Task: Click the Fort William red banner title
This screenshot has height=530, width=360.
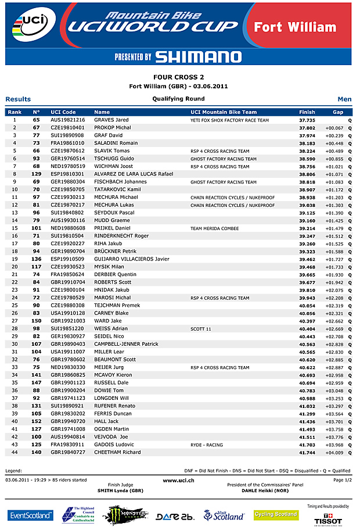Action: click(295, 27)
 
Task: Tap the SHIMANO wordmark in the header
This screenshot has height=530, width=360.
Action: click(198, 56)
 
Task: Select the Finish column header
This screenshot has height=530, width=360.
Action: click(307, 112)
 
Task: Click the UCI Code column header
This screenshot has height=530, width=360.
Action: click(63, 112)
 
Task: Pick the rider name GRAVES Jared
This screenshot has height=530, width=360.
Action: click(111, 120)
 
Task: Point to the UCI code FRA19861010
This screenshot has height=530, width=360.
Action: click(67, 143)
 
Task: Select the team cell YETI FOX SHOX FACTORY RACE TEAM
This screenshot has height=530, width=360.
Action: click(229, 120)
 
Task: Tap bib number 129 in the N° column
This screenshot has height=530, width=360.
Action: click(36, 174)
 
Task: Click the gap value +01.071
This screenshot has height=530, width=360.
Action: click(334, 174)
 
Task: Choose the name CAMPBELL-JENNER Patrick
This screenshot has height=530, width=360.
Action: click(126, 344)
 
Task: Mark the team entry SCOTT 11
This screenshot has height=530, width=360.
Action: click(200, 329)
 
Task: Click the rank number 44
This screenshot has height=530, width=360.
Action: click(15, 452)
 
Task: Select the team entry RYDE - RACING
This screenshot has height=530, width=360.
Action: click(207, 445)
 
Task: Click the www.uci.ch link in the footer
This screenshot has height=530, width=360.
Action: click(178, 481)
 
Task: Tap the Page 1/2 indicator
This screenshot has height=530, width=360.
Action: click(342, 480)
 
